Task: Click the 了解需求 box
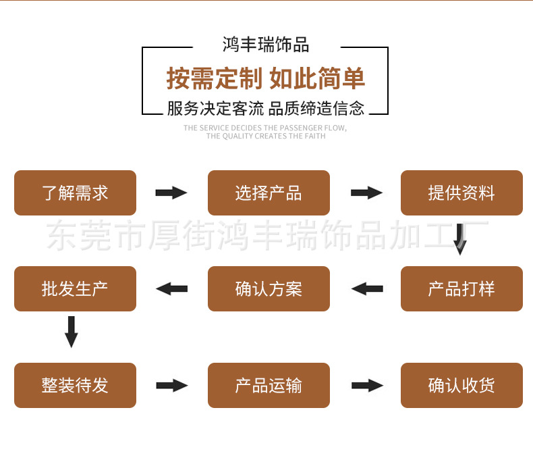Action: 75,193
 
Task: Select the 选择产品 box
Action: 269,193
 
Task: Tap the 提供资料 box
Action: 461,193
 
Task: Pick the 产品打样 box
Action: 461,289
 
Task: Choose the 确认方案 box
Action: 269,289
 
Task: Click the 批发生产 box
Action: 75,289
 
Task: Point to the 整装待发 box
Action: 75,386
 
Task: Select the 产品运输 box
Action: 269,386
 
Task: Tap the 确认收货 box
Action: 461,386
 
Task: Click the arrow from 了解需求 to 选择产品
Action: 171,193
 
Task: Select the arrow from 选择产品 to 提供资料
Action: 366,193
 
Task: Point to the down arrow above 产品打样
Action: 460,239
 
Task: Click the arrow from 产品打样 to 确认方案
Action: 366,289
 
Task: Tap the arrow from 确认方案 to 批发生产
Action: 171,289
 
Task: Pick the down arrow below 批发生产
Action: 71,331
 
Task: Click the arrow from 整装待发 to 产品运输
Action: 171,386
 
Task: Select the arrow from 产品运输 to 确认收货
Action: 366,386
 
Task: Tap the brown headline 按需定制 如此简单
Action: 266,79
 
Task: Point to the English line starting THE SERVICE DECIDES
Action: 266,128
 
